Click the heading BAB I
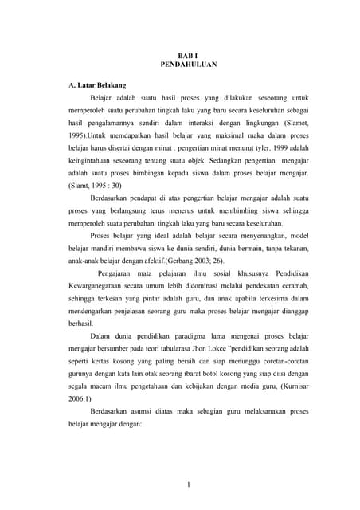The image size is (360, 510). pyautogui.click(x=179, y=53)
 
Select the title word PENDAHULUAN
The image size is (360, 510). pyautogui.click(x=179, y=64)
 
